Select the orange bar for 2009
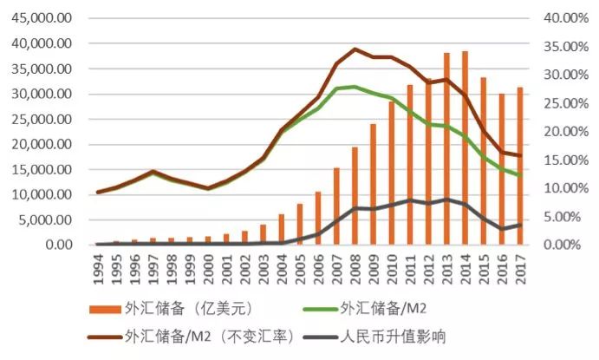click(374, 184)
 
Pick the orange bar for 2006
click(318, 218)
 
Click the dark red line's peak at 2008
click(355, 49)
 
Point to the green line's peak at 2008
click(355, 87)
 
